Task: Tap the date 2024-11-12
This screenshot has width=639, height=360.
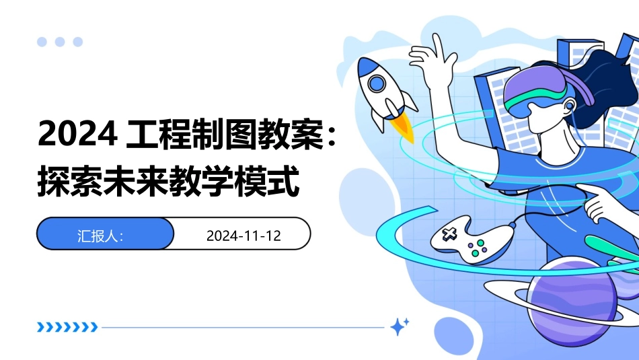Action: coord(243,236)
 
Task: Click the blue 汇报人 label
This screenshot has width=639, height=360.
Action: coord(100,236)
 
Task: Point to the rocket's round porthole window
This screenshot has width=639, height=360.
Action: coord(376,83)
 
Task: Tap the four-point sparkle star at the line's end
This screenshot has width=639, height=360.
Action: coord(400,327)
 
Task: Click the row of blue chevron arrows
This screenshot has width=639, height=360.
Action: coord(67,328)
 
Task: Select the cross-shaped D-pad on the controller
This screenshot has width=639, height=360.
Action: coord(449,234)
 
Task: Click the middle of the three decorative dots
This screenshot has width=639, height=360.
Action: coord(60,42)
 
